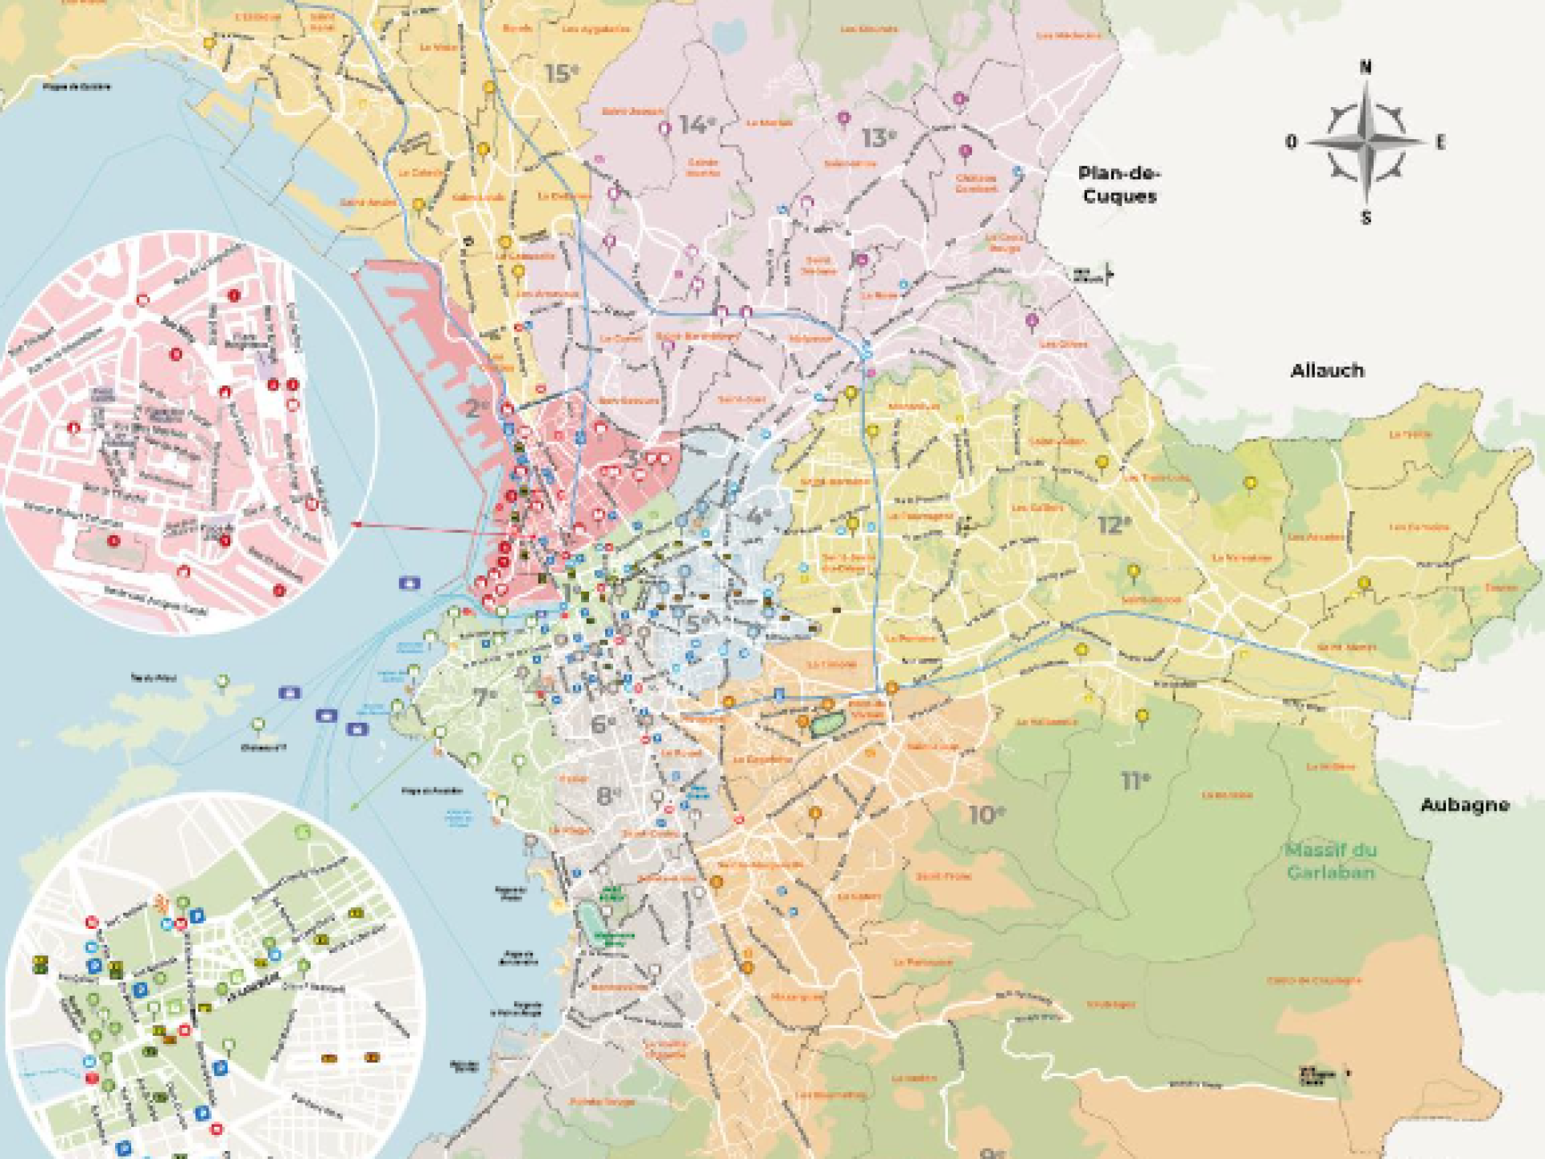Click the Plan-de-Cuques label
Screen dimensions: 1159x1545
tap(1119, 185)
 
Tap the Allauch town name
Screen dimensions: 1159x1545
tap(1327, 371)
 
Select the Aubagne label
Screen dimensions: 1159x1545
tap(1464, 805)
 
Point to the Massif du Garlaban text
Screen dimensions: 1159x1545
tap(1330, 860)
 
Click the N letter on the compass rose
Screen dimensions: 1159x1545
tap(1366, 68)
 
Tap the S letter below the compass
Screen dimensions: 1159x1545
tap(1366, 217)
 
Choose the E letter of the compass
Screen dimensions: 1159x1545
tap(1440, 142)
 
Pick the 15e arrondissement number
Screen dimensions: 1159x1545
tap(561, 74)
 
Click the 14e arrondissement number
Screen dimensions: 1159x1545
tap(696, 126)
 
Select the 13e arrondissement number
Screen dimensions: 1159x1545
tap(878, 138)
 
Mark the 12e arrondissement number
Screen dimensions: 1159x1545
tap(1114, 526)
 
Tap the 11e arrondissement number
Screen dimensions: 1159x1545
tap(1135, 781)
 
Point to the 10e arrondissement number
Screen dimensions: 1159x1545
tap(986, 815)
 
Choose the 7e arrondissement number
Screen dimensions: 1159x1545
tap(485, 697)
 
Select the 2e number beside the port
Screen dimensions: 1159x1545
tap(476, 409)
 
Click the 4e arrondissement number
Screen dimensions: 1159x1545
tap(758, 516)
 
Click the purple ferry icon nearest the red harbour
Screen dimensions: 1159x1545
tap(410, 583)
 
